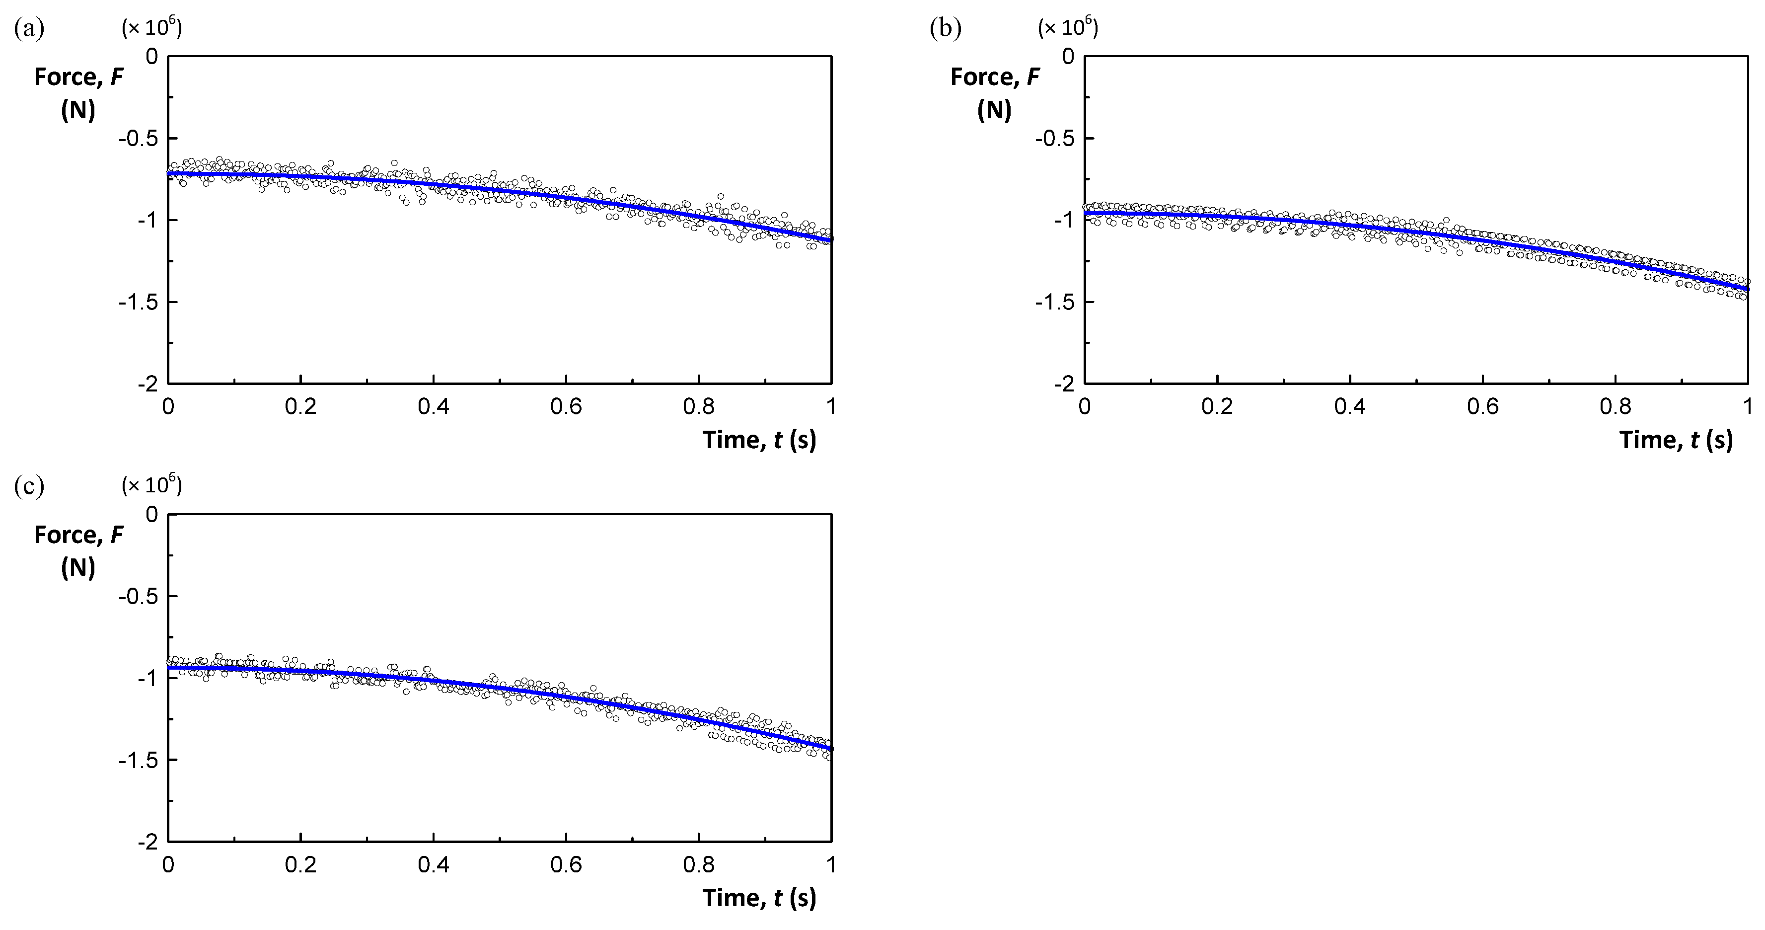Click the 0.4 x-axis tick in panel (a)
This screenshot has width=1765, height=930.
click(x=433, y=406)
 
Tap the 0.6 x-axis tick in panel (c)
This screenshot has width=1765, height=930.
click(x=566, y=865)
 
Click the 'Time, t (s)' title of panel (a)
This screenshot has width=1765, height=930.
click(x=759, y=439)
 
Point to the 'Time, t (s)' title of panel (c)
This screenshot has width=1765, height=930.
click(x=759, y=897)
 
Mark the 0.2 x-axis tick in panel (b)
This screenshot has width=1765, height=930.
click(x=1217, y=406)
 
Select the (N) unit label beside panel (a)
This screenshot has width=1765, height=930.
click(x=78, y=110)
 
